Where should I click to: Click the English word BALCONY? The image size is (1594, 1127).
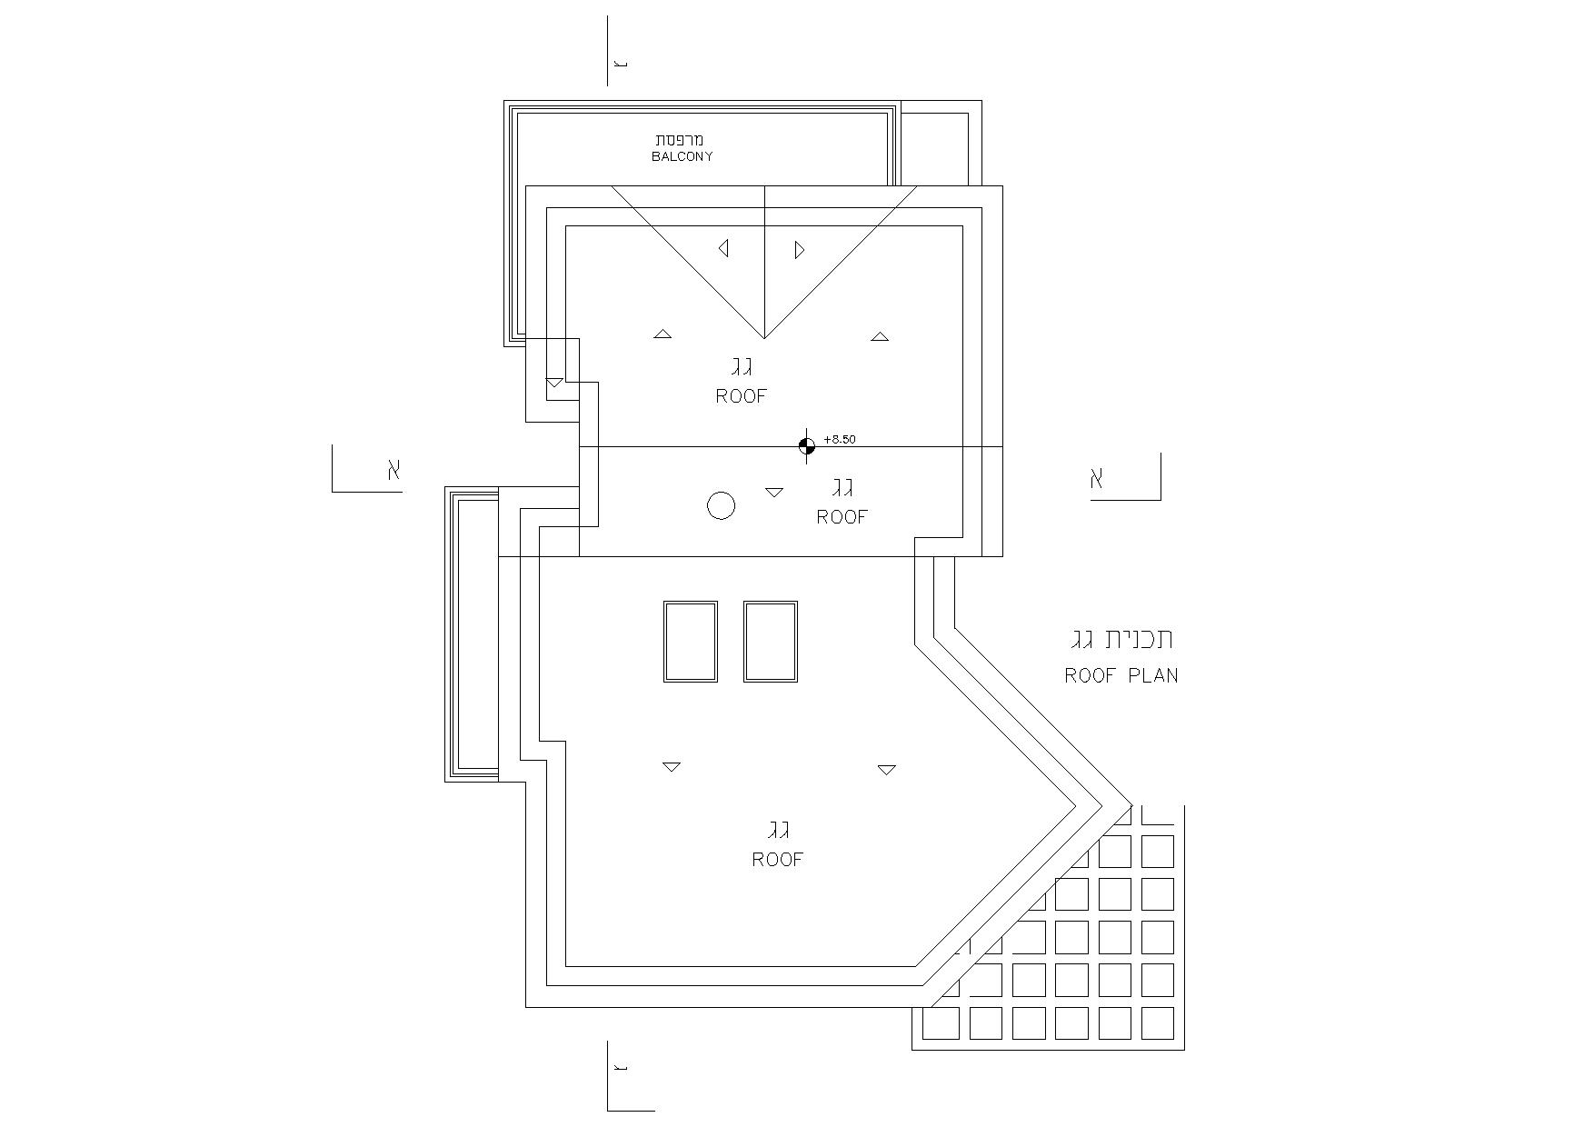(x=682, y=156)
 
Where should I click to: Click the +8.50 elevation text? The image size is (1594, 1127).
(x=840, y=440)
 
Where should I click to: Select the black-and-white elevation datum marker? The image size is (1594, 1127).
(x=806, y=445)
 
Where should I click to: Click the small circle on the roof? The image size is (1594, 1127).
(x=721, y=505)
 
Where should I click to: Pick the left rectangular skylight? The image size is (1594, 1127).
(x=691, y=641)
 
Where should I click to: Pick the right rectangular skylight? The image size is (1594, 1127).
(x=771, y=641)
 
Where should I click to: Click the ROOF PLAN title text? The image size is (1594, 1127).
(x=1121, y=675)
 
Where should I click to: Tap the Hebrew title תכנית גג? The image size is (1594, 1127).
(x=1122, y=640)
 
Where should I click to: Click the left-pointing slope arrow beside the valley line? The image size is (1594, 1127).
(x=723, y=248)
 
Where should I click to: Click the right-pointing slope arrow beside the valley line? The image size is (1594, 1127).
(x=800, y=249)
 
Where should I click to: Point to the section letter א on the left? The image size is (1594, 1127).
(x=394, y=470)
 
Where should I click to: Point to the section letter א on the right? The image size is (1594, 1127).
(x=1097, y=478)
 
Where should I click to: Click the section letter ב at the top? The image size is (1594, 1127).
(x=621, y=64)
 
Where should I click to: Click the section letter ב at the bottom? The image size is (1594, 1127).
(x=621, y=1067)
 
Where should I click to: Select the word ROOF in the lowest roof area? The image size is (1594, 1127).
(x=778, y=860)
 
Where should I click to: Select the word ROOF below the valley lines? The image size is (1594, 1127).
(x=742, y=396)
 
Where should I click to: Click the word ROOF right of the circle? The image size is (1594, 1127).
(x=842, y=517)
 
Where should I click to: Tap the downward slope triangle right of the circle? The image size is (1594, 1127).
(x=774, y=493)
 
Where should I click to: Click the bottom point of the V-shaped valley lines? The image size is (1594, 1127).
(x=763, y=338)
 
